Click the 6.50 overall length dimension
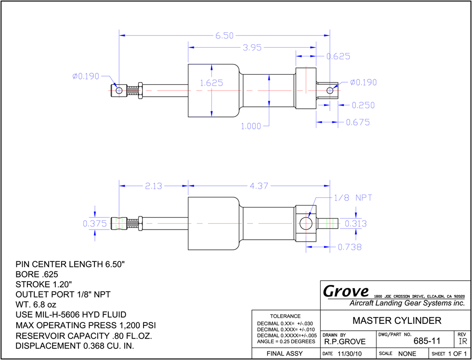(224, 36)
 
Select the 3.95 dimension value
(251, 48)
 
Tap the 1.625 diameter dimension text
(211, 83)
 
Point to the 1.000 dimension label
(251, 126)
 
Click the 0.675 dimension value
(357, 122)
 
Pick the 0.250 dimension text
(363, 105)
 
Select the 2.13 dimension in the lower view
(153, 186)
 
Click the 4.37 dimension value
(259, 186)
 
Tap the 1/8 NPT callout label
(353, 198)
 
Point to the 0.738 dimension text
(350, 247)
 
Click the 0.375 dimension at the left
(95, 223)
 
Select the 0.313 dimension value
(356, 223)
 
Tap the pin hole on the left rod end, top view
(119, 90)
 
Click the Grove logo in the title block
(346, 291)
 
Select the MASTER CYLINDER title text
(397, 321)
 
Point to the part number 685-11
(427, 341)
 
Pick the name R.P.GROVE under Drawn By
(345, 342)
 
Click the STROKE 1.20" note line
(44, 284)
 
